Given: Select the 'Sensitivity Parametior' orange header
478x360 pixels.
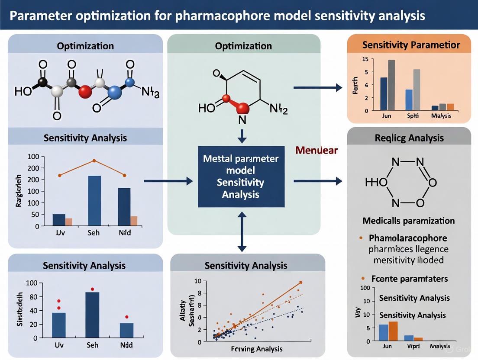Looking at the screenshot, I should point(411,45).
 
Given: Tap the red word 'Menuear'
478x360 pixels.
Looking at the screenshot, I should point(317,151).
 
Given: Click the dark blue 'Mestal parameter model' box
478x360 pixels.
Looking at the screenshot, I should point(241,177).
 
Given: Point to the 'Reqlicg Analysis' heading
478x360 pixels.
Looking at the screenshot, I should point(409,138).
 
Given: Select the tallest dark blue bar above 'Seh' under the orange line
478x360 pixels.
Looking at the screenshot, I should point(94,201).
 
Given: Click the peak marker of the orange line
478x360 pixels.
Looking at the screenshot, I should point(94,161).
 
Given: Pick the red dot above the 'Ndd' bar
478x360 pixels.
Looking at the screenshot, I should point(126,317).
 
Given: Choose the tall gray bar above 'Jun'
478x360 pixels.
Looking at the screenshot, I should point(391,85).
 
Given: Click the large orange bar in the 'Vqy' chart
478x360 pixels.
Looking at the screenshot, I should point(393,331).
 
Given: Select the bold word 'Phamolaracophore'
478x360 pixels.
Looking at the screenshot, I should point(408,238).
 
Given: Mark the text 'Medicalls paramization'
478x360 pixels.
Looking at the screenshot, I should point(409,221).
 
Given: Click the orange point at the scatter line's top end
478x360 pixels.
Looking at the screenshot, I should point(300,283).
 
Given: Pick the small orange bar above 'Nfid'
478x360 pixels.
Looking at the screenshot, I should point(134,221).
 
